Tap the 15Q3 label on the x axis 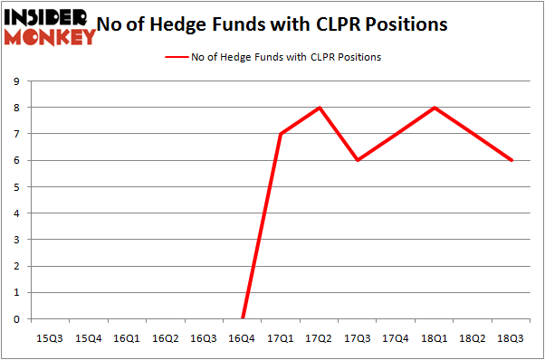click(x=50, y=338)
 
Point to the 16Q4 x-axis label click(x=243, y=338)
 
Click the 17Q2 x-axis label click(x=320, y=338)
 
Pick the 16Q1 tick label click(x=127, y=338)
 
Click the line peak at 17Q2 click(x=320, y=108)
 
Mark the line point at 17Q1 click(x=281, y=134)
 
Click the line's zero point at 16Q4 click(x=243, y=318)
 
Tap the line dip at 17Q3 click(x=358, y=160)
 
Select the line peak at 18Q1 click(x=435, y=108)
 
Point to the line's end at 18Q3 click(x=512, y=160)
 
